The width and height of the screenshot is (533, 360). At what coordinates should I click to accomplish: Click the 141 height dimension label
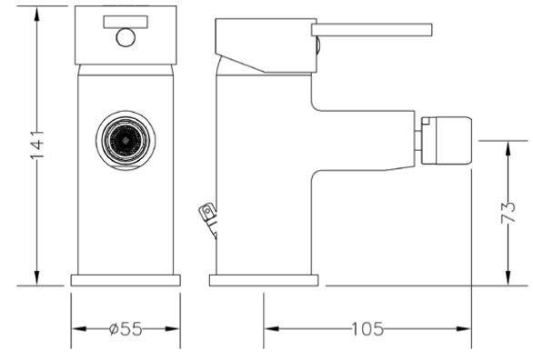point(37,145)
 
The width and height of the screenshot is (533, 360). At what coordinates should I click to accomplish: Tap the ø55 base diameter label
point(126,329)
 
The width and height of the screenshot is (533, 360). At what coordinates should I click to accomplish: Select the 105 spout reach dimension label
point(367,329)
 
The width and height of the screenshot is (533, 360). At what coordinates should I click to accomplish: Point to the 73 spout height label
point(508,213)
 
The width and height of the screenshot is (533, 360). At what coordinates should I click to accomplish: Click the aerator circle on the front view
point(126,140)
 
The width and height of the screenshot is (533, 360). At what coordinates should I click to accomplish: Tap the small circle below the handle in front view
point(126,37)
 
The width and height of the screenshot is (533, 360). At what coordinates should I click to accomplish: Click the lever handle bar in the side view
point(371,30)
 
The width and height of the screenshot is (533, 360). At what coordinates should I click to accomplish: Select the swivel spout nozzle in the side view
point(447,141)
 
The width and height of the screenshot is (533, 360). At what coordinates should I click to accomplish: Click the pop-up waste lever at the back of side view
point(208,219)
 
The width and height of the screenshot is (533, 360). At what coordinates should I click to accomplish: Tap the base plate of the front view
point(126,280)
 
